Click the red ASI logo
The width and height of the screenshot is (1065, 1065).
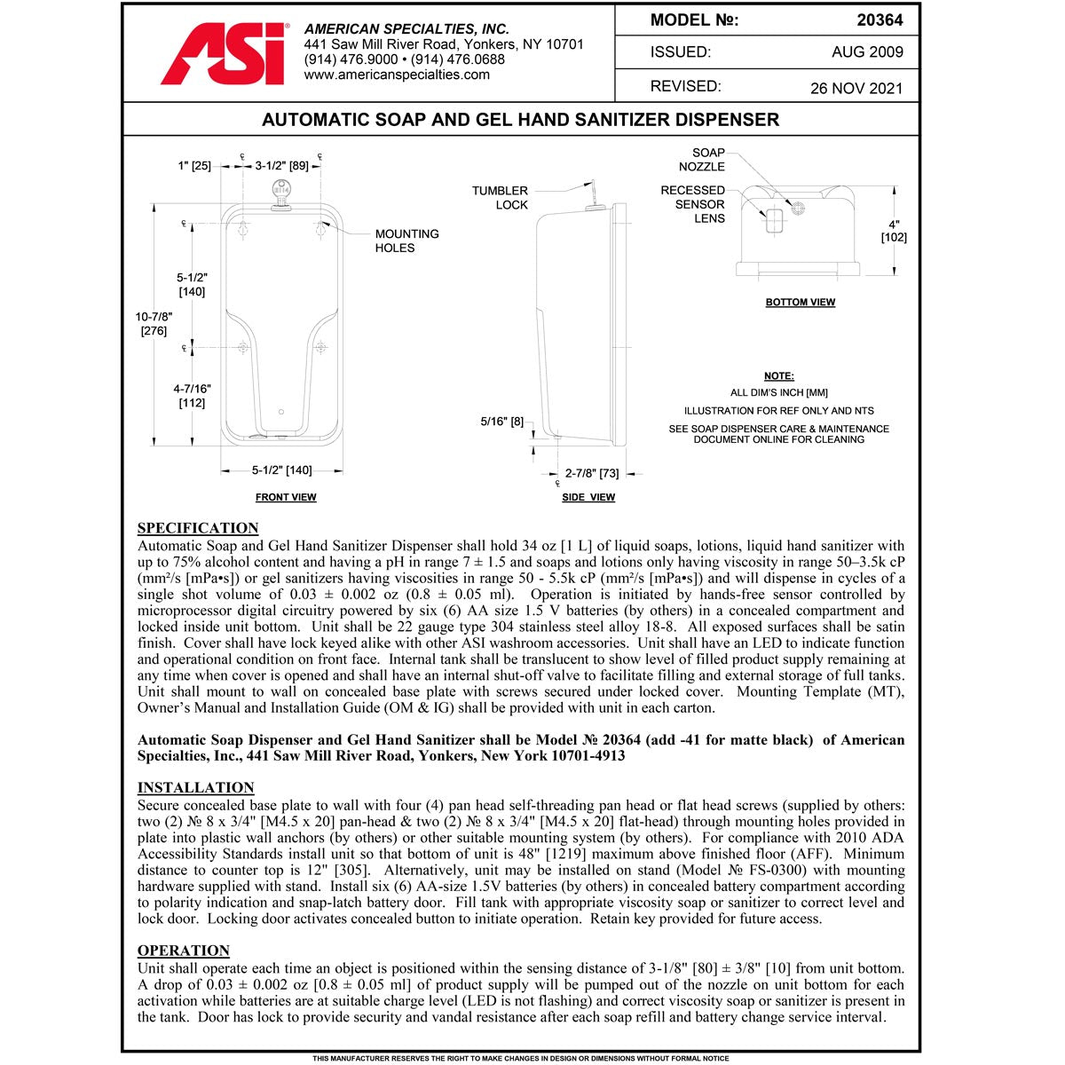coord(225,54)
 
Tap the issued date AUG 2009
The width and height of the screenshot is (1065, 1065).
coord(867,51)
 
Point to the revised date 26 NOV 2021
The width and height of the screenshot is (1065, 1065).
coord(856,88)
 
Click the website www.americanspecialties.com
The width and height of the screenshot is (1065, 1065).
coord(397,75)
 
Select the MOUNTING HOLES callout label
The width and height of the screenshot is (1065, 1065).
coord(406,241)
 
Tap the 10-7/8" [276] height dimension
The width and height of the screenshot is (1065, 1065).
coord(154,324)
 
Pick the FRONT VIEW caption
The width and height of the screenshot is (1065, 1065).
coord(286,497)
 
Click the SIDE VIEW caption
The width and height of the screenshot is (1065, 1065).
coord(588,497)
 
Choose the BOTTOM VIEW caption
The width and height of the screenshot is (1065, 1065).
coord(800,303)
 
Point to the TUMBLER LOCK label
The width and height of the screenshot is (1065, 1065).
coord(500,197)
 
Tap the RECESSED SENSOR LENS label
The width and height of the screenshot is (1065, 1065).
coord(693,204)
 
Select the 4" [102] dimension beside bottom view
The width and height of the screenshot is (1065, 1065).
coord(894,231)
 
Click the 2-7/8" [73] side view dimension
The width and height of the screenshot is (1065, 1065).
coord(592,473)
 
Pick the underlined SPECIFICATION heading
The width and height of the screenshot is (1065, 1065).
coord(198,528)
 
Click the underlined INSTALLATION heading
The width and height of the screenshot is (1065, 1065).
coord(195,787)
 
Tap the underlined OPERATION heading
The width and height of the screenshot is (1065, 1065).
coord(183,951)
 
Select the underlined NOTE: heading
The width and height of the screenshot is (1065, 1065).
coord(778,376)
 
